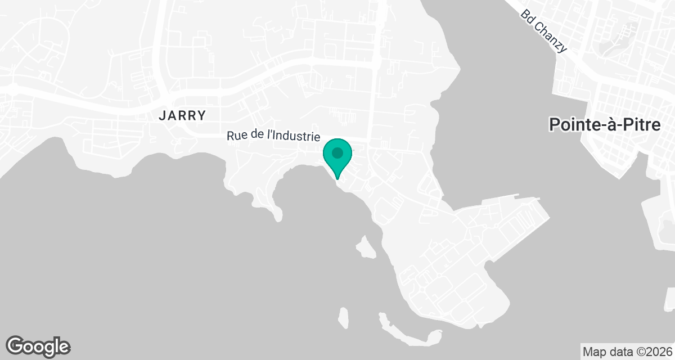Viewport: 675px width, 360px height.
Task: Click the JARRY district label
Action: pyautogui.click(x=182, y=116)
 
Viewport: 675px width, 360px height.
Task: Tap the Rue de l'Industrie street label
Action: pyautogui.click(x=273, y=136)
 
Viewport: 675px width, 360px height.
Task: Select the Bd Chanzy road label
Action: pyautogui.click(x=543, y=31)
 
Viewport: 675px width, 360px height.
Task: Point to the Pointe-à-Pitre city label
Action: pyautogui.click(x=605, y=124)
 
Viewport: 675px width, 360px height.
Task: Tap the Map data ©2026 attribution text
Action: pyautogui.click(x=627, y=352)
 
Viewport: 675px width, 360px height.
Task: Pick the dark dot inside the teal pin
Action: pyautogui.click(x=337, y=152)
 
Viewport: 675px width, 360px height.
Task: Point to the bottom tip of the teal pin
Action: pyautogui.click(x=337, y=179)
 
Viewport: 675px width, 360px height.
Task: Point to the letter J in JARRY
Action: pyautogui.click(x=163, y=116)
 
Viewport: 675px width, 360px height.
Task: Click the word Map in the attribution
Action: pyautogui.click(x=593, y=352)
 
